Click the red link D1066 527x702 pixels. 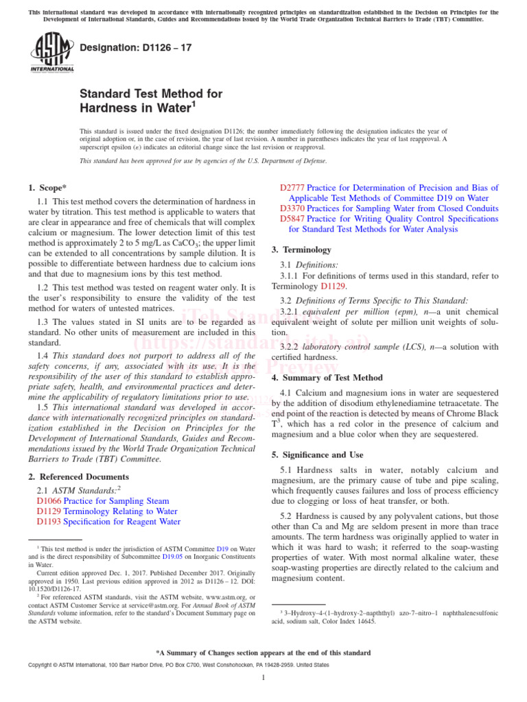click(49, 501)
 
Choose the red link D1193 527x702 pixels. click(49, 522)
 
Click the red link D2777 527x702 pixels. click(292, 188)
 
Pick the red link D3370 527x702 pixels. click(292, 208)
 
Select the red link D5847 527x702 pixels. click(292, 218)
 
